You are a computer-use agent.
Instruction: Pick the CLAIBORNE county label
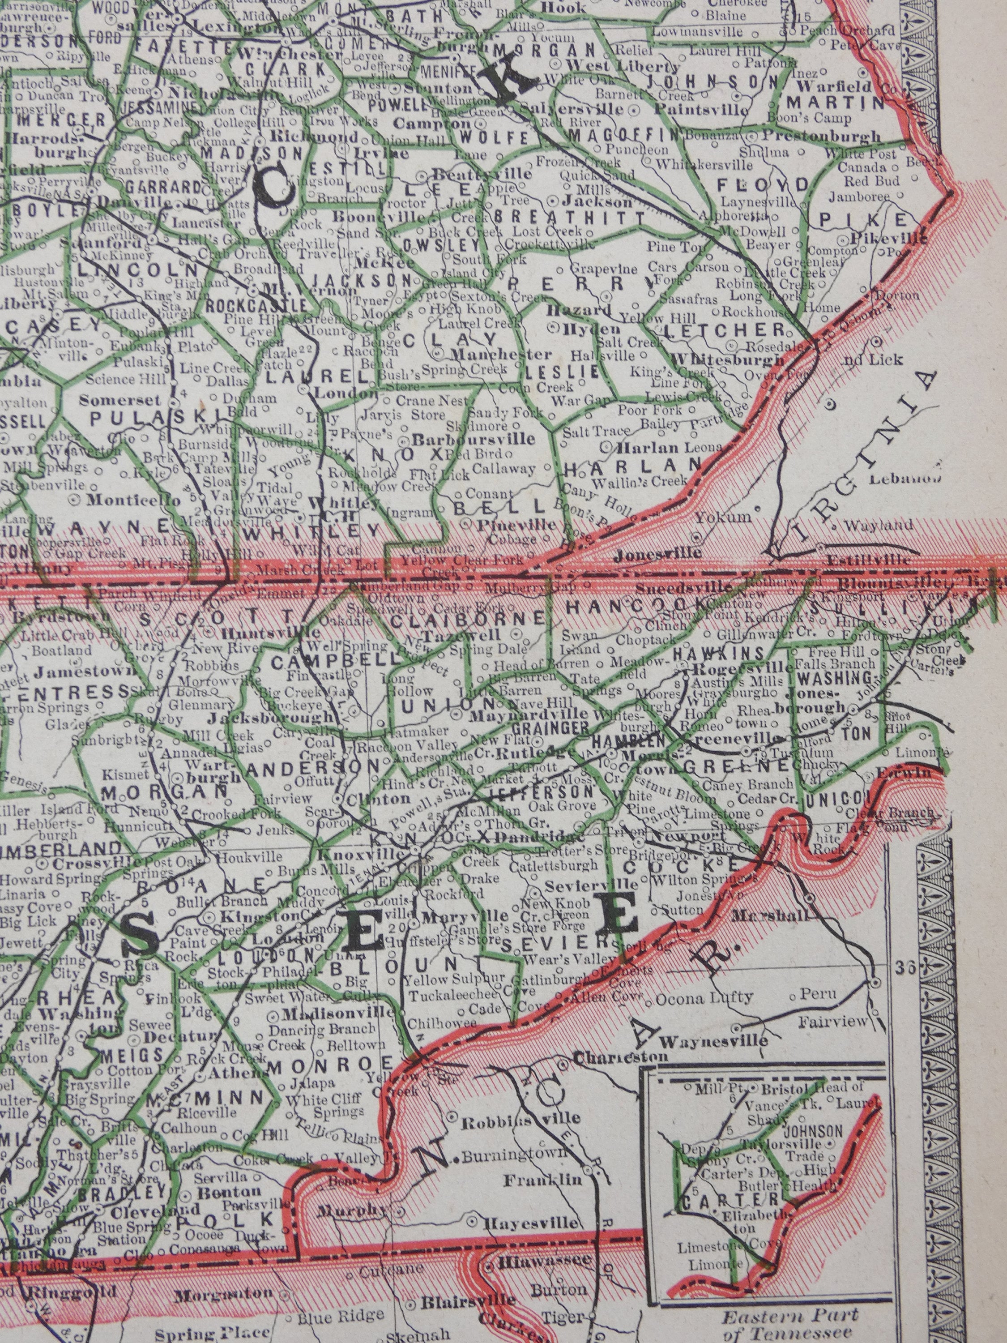(x=467, y=619)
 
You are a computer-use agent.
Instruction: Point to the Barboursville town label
(x=474, y=438)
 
